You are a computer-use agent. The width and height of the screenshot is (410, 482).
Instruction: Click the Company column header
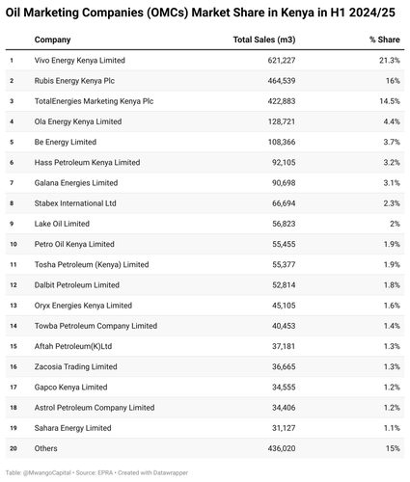52,40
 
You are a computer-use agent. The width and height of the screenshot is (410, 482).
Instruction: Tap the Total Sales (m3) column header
264,40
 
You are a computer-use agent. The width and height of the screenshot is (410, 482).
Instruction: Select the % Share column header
385,40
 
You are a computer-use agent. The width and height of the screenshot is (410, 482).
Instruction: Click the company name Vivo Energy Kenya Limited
80,61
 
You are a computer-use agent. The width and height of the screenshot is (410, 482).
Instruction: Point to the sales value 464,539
282,81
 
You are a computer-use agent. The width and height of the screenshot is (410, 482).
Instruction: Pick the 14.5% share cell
390,101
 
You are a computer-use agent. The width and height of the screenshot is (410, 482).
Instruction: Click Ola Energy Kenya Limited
78,121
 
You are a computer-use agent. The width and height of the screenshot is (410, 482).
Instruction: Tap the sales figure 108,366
282,142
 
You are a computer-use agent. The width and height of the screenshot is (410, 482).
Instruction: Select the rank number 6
12,163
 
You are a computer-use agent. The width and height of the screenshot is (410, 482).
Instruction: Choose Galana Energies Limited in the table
76,183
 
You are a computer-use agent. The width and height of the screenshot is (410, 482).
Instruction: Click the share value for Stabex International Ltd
392,203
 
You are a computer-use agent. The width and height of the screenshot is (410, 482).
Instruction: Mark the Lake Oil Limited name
62,224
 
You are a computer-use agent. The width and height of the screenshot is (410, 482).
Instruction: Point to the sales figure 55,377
284,264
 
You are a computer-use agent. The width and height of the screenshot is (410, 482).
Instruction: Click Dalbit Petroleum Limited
77,285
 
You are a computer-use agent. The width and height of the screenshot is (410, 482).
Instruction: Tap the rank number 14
14,326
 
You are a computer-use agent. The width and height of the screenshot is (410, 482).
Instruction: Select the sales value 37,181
284,346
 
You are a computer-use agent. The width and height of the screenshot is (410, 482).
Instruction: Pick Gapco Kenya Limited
70,388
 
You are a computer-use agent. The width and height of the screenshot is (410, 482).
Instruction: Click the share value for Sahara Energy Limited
392,428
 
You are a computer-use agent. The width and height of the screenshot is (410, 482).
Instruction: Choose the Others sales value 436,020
282,448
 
